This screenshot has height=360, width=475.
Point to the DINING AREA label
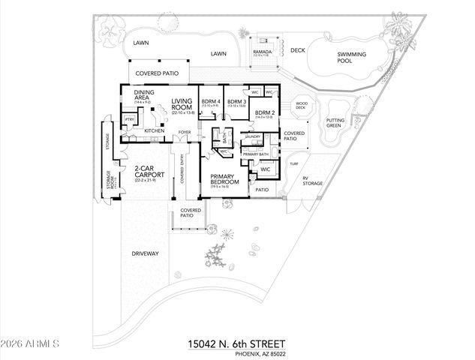point(146,95)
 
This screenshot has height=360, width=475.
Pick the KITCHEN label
point(154,130)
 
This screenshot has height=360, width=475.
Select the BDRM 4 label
point(211,100)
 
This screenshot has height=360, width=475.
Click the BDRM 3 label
point(237,100)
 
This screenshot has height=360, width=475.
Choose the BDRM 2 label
point(266,112)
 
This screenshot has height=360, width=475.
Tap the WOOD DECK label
point(301,106)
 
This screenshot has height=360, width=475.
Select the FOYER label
point(182,133)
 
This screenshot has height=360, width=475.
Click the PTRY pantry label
point(130,118)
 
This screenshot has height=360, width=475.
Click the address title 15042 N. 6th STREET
point(237,343)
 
